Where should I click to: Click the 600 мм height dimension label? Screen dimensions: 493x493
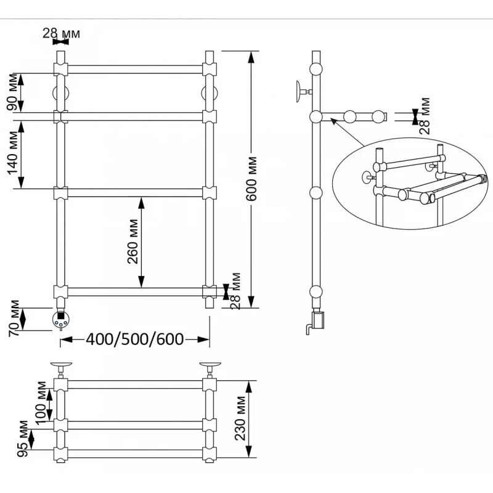click(251, 179)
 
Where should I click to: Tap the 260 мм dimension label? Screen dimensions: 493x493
click(132, 242)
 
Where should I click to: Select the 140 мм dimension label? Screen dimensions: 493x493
click(13, 152)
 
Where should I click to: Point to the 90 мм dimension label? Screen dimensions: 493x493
click(12, 92)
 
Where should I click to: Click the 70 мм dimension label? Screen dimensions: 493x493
click(14, 319)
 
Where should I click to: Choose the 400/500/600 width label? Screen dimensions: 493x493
click(135, 340)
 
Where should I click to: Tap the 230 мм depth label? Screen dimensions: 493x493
click(240, 418)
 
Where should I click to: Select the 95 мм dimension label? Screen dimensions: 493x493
click(23, 439)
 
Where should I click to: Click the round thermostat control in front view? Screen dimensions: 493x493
click(60, 319)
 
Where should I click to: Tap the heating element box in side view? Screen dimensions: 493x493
click(318, 320)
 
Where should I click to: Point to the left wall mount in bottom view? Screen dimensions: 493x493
click(61, 370)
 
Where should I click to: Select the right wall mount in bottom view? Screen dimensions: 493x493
click(210, 370)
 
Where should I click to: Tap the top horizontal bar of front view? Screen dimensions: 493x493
click(135, 69)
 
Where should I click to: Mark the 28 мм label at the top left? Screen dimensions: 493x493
click(61, 33)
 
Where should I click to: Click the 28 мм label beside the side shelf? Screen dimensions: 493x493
click(425, 116)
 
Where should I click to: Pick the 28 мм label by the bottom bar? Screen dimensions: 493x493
click(235, 291)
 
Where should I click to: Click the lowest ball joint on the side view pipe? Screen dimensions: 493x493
click(316, 291)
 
